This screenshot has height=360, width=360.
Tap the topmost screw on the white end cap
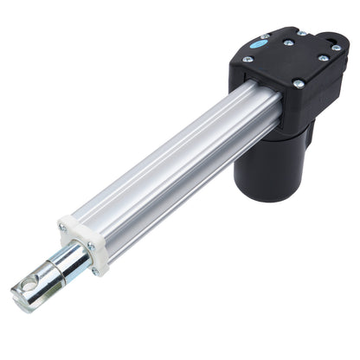point(62,227)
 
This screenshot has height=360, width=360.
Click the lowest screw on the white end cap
point(94,271)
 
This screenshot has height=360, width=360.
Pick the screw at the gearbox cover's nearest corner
point(299,84)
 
